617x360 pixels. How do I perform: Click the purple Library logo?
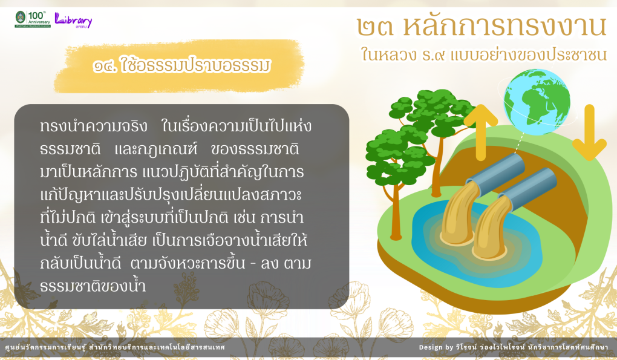[x=73, y=20]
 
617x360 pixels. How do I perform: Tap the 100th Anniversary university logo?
[x=33, y=19]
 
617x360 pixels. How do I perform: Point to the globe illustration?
[x=537, y=102]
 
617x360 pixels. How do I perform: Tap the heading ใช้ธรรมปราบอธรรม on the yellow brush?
[x=182, y=65]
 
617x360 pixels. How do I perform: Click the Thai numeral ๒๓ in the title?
[x=375, y=27]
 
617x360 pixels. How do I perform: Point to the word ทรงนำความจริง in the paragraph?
[x=94, y=126]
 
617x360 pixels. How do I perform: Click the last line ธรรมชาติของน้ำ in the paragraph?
[x=93, y=285]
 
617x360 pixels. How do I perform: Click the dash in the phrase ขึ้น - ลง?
[x=253, y=264]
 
